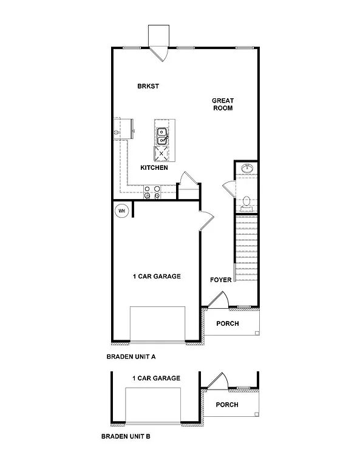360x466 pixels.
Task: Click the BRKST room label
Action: (x=148, y=86)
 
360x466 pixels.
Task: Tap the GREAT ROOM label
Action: (x=222, y=104)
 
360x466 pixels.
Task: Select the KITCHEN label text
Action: (x=154, y=167)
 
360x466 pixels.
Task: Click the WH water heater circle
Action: (x=121, y=211)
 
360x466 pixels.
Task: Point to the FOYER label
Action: (x=220, y=280)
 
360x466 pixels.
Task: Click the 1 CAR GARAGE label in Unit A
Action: (x=157, y=277)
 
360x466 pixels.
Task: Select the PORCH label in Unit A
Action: (x=228, y=323)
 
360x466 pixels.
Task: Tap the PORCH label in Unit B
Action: (x=227, y=405)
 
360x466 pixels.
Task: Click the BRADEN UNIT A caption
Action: (x=131, y=357)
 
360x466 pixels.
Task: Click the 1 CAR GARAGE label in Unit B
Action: (x=156, y=378)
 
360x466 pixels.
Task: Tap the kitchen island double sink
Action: (x=162, y=136)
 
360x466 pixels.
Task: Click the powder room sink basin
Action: (x=246, y=168)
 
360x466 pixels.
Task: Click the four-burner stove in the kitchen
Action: (x=152, y=192)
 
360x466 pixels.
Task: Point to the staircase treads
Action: (x=246, y=246)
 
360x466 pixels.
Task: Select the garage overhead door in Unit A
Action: (x=158, y=325)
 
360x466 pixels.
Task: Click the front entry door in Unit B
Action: (x=216, y=381)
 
